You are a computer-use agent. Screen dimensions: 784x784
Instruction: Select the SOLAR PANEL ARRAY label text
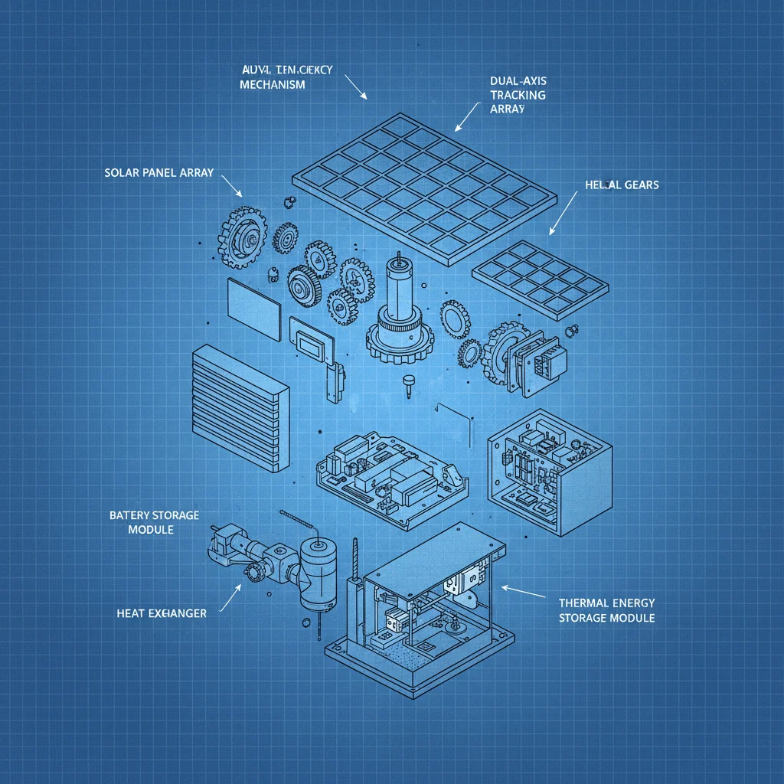158,173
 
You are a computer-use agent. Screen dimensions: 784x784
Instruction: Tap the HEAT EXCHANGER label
161,613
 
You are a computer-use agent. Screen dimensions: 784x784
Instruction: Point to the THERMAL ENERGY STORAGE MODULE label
606,610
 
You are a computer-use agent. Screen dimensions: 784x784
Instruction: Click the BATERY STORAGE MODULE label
154,522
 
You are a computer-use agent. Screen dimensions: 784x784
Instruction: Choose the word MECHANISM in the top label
273,84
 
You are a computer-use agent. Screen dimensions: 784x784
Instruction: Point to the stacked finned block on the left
240,409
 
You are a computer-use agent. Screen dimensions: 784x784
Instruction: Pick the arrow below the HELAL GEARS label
563,213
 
